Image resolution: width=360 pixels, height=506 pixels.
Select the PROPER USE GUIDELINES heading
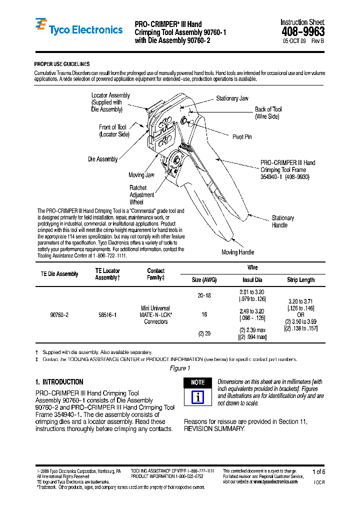pos(62,64)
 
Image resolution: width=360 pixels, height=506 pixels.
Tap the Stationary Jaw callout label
pos(232,98)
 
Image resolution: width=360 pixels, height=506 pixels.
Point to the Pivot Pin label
pos(242,136)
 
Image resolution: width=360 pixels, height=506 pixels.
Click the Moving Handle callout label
pos(237,252)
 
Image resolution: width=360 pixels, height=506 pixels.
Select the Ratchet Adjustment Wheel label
pos(142,195)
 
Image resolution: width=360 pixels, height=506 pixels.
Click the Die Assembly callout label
pos(103,159)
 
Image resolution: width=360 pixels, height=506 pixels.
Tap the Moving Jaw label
pos(141,175)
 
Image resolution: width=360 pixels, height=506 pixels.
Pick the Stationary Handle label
pos(282,221)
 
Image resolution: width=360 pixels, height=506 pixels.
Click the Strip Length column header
pos(300,280)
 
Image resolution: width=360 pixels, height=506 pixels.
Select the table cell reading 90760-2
pos(59,315)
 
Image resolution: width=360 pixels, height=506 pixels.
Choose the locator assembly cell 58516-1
pos(107,315)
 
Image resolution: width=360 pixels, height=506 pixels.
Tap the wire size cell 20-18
pos(204,295)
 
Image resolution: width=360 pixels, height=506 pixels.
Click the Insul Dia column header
pos(252,280)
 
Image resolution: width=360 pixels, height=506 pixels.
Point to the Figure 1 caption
pos(180,368)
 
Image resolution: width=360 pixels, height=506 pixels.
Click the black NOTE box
pos(198,382)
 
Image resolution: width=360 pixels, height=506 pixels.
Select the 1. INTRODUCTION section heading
pos(59,382)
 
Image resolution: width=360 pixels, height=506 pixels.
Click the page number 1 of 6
pos(318,471)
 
